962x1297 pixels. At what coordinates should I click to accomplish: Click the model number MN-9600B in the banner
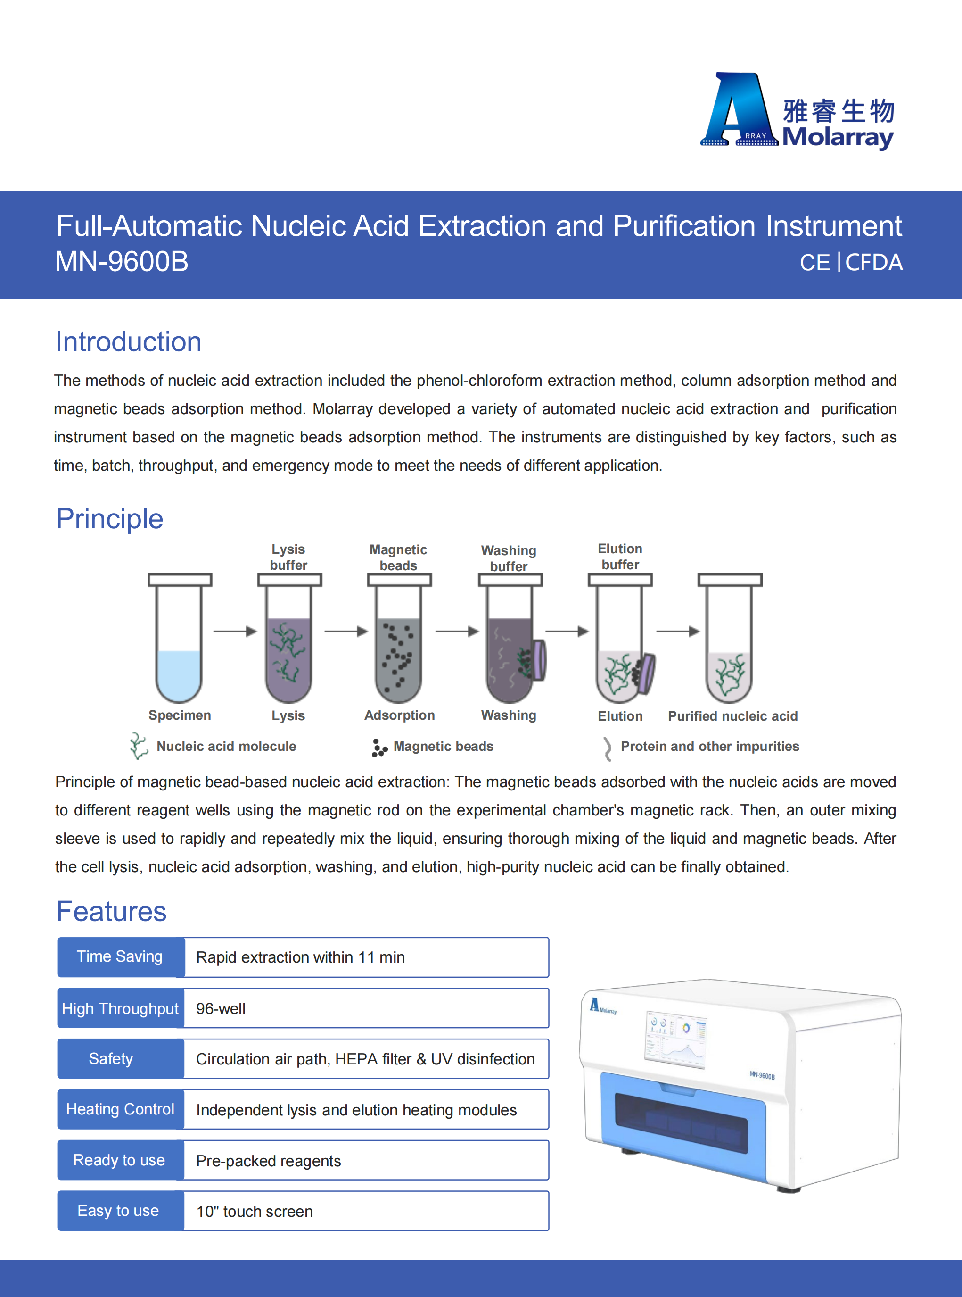coord(122,262)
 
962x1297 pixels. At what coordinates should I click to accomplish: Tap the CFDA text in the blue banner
coord(873,263)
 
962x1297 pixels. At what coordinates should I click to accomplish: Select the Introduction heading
coord(128,342)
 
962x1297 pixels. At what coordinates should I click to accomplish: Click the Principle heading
coord(109,519)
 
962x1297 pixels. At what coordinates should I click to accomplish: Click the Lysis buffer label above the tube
coord(288,557)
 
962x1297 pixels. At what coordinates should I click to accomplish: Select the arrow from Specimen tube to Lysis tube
coord(235,631)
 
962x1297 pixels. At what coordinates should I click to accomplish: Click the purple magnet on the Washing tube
coord(539,660)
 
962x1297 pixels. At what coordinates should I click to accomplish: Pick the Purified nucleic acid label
coord(732,716)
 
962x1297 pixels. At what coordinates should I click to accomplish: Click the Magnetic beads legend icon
coord(379,748)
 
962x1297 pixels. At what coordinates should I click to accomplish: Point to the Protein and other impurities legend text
coord(709,747)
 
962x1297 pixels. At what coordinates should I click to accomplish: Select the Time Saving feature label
coord(120,957)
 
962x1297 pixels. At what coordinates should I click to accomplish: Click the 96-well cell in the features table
coord(366,1008)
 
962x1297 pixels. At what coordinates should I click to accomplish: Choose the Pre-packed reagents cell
coord(366,1161)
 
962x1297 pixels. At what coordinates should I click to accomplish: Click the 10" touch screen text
coord(255,1211)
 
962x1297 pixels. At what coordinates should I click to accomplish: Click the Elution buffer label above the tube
coord(620,557)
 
